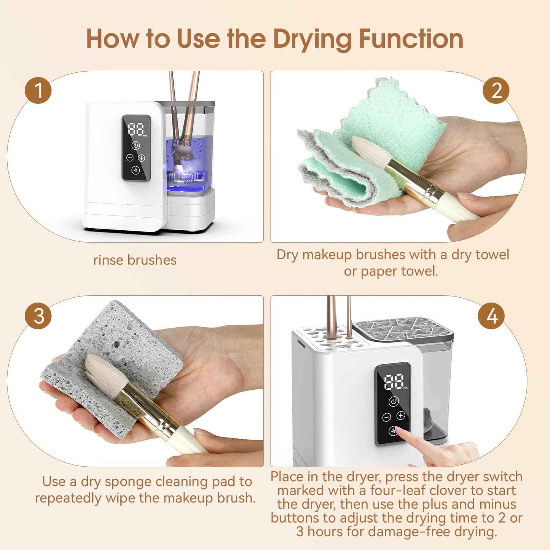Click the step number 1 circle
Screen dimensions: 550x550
38,91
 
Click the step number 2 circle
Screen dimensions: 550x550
496,91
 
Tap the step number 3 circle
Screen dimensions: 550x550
38,316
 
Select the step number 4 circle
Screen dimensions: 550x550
491,316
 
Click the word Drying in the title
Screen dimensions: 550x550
312,40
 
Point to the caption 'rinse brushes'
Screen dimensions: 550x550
135,260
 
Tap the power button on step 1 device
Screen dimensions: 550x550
136,145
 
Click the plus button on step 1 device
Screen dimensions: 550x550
142,158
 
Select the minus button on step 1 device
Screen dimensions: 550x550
130,158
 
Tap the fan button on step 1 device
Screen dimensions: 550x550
136,170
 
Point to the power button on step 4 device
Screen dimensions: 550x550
394,402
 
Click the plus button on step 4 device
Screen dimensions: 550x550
401,416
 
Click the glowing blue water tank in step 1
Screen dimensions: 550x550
188,164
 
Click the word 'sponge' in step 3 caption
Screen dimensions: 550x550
128,482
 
